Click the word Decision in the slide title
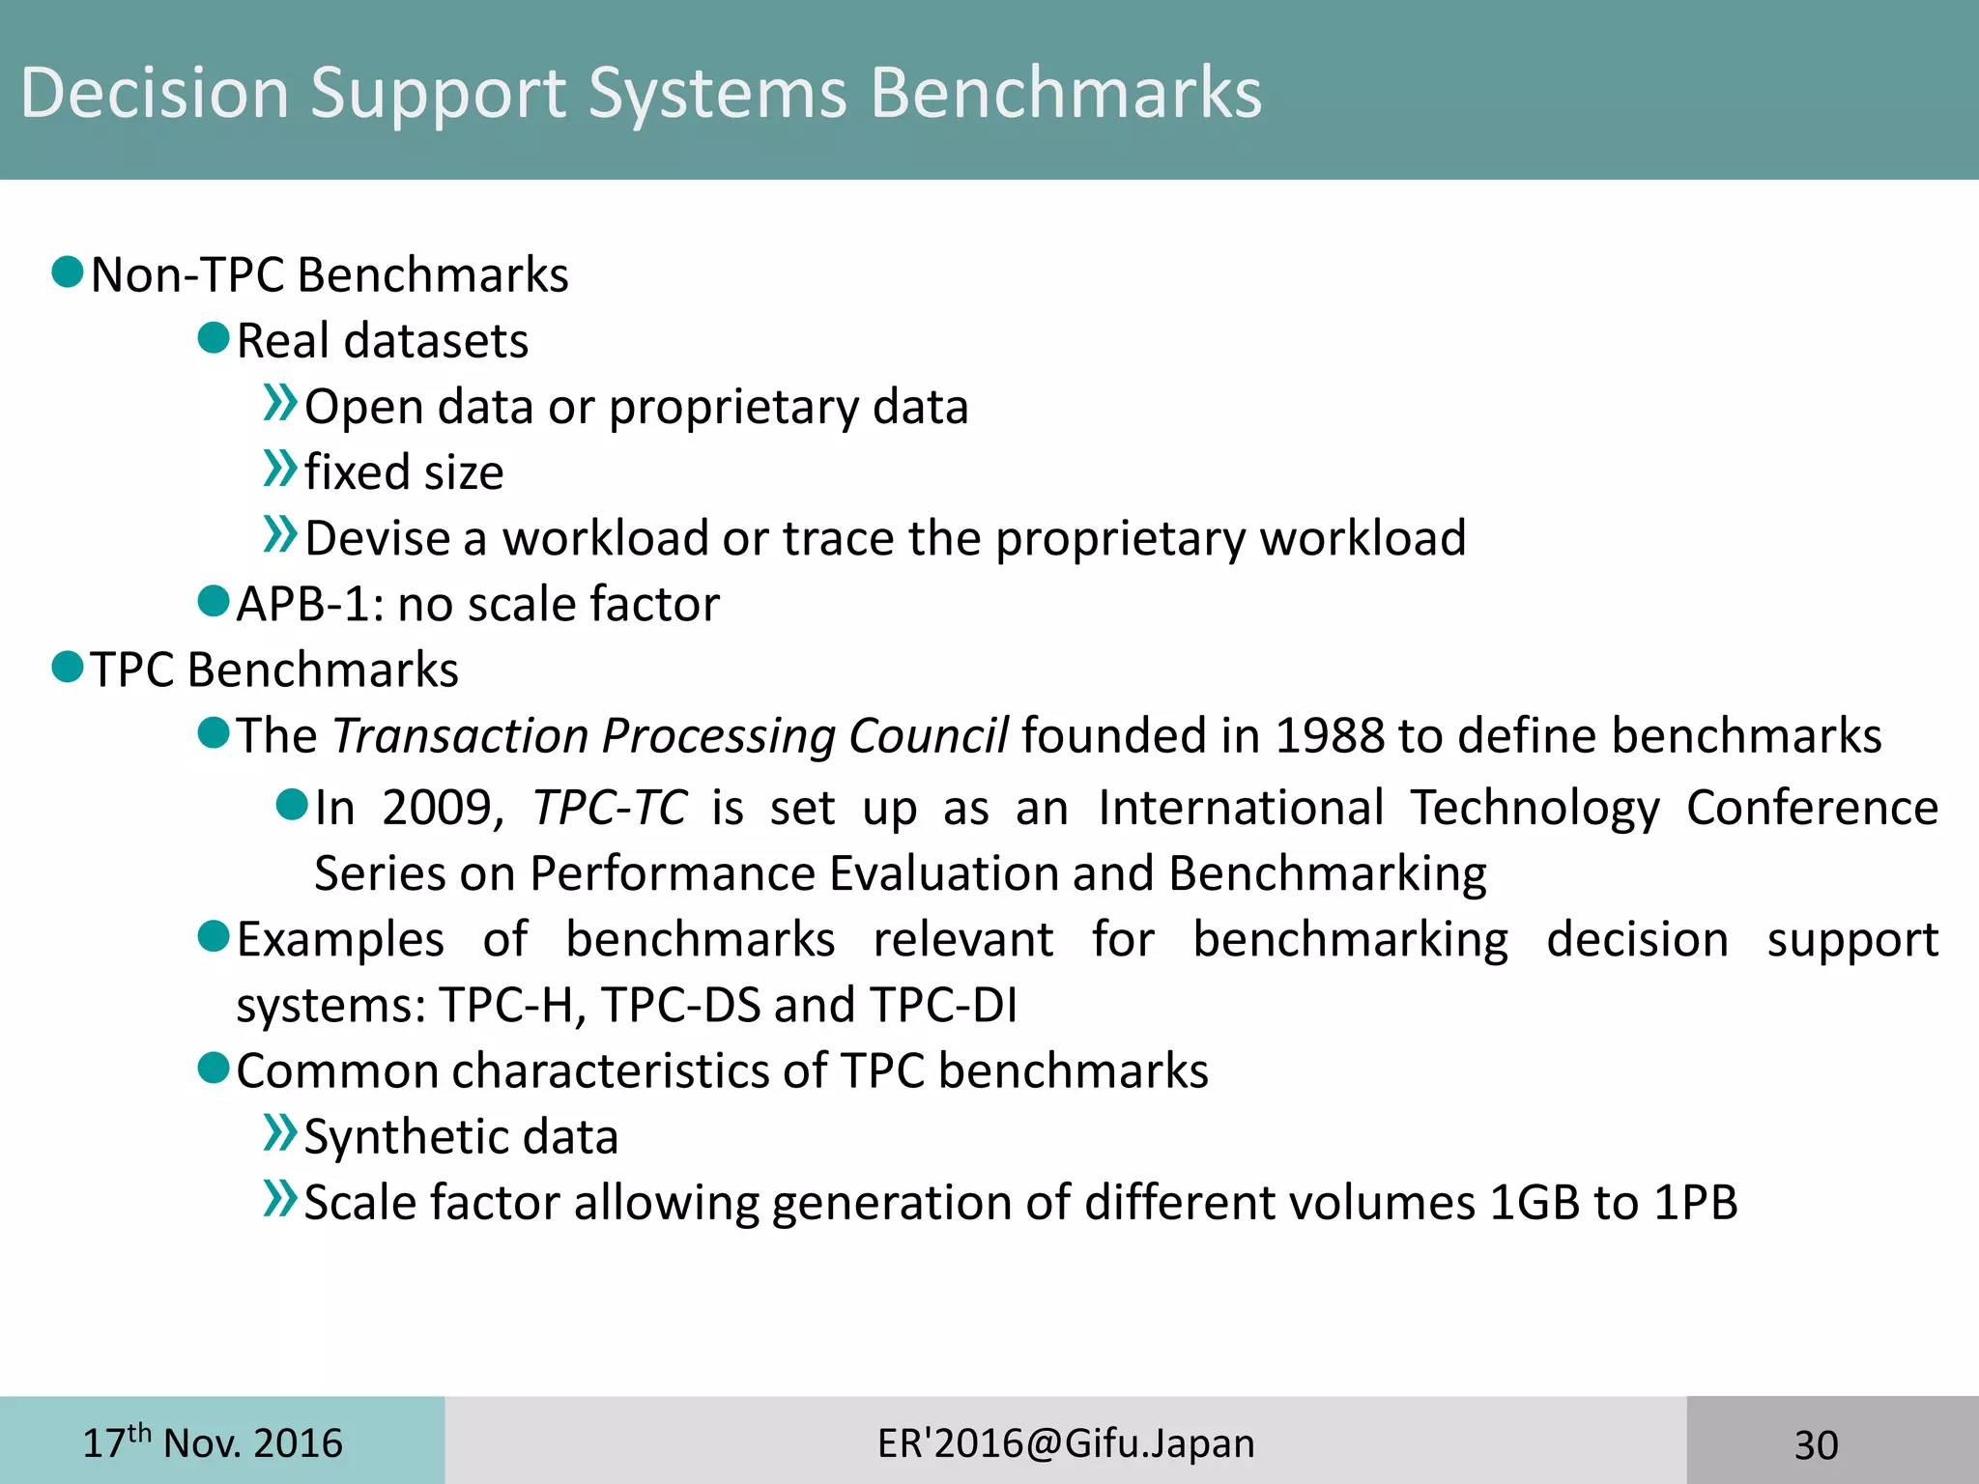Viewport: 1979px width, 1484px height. [155, 93]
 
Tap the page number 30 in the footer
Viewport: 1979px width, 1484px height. [1816, 1445]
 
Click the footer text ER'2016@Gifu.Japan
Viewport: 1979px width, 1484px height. [1066, 1443]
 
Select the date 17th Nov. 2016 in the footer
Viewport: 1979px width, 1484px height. [212, 1443]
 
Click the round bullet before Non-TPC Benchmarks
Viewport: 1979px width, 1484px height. [68, 272]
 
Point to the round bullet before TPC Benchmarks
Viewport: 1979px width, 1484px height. [68, 667]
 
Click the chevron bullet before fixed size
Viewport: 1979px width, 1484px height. [279, 469]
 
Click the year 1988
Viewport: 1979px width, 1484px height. [1330, 736]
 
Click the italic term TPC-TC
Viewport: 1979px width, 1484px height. [610, 808]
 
